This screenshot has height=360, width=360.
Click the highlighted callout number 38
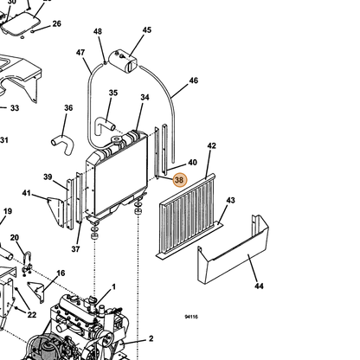(179, 180)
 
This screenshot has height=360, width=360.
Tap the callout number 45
(147, 30)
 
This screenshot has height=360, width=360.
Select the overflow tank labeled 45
(124, 61)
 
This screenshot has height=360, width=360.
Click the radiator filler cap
(117, 141)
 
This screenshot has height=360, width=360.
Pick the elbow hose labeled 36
(63, 144)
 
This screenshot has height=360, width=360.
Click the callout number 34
(145, 98)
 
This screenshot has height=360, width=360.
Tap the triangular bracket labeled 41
(56, 212)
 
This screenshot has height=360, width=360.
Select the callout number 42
(212, 145)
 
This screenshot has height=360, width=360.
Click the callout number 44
(259, 286)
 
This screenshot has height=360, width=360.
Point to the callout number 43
(230, 200)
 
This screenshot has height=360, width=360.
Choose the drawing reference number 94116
(191, 317)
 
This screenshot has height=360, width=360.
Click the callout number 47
(80, 53)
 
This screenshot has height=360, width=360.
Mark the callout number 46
(194, 80)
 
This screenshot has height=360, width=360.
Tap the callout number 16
(61, 273)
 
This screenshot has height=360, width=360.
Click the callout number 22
(32, 314)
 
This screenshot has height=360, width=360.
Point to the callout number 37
(75, 248)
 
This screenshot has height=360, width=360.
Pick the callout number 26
(57, 23)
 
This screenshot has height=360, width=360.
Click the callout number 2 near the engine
(151, 338)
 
